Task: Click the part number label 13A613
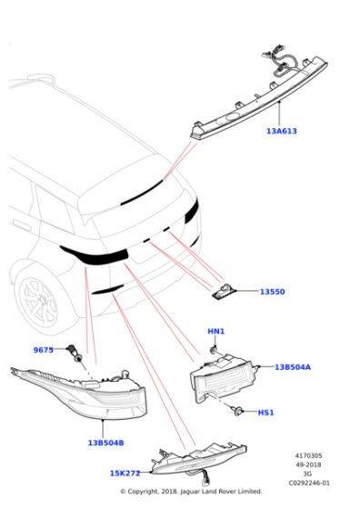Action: [281, 131]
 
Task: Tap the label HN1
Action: [215, 331]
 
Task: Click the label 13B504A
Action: [293, 367]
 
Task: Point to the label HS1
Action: [265, 413]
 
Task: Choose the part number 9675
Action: [44, 350]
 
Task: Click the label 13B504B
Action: [105, 443]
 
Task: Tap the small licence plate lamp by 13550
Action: [224, 292]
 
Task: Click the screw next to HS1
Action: [237, 412]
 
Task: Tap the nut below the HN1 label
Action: [212, 349]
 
